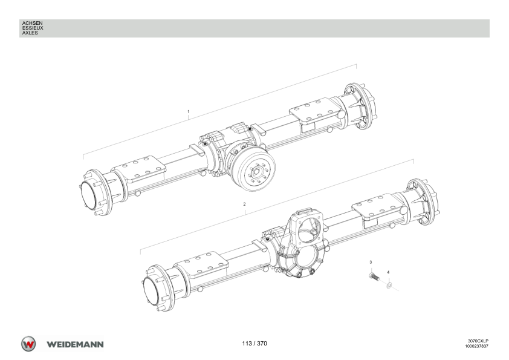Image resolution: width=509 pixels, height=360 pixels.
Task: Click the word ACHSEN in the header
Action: pyautogui.click(x=32, y=23)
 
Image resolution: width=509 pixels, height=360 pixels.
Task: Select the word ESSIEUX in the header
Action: pyautogui.click(x=33, y=28)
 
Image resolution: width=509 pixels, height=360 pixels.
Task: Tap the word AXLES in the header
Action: pyautogui.click(x=30, y=33)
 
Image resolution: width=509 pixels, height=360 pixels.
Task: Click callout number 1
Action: pyautogui.click(x=188, y=112)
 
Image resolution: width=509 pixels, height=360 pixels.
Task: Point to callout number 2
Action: pyautogui.click(x=244, y=205)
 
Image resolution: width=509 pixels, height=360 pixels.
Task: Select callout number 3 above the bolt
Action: pyautogui.click(x=371, y=262)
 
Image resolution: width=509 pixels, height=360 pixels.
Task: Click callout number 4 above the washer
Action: pyautogui.click(x=388, y=272)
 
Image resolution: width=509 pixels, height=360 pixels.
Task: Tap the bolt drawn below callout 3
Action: pyautogui.click(x=374, y=277)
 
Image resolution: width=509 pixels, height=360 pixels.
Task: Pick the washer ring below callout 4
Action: pyautogui.click(x=389, y=286)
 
